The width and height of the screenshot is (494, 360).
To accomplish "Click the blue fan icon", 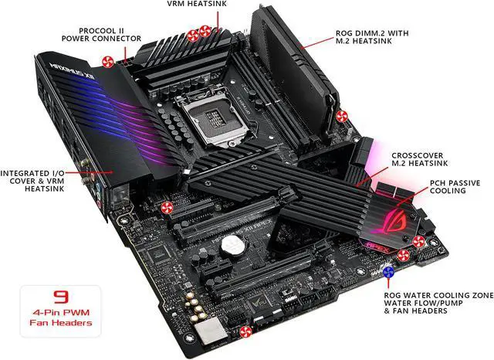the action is pyautogui.click(x=388, y=272).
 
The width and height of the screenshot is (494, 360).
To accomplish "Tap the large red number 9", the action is pyautogui.click(x=61, y=297).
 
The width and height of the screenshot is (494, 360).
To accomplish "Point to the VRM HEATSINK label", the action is pyautogui.click(x=196, y=3).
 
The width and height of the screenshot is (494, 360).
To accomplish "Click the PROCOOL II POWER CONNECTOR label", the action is pyautogui.click(x=101, y=35).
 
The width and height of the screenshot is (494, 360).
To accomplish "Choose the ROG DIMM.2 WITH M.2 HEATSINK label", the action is pyautogui.click(x=372, y=37).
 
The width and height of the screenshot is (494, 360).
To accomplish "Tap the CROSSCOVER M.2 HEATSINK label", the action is pyautogui.click(x=420, y=159).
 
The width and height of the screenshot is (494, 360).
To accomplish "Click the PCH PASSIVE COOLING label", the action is pyautogui.click(x=455, y=187).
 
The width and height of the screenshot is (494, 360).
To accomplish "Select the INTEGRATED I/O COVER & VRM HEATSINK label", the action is pyautogui.click(x=32, y=181).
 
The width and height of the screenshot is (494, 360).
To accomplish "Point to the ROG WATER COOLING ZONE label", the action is pyautogui.click(x=438, y=295).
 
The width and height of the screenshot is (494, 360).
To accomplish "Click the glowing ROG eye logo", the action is pyautogui.click(x=394, y=222).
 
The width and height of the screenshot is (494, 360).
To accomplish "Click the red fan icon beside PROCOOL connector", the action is pyautogui.click(x=107, y=62).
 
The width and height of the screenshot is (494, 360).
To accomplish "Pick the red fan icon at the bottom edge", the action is pyautogui.click(x=245, y=331).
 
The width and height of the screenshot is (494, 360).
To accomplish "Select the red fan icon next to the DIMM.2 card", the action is pyautogui.click(x=341, y=116).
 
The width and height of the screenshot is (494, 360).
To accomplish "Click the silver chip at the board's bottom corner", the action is pyautogui.click(x=211, y=331).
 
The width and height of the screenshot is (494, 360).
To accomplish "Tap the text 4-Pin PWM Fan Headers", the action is pyautogui.click(x=61, y=318).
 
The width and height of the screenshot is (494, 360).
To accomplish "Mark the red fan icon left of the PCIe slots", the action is pyautogui.click(x=167, y=208).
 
